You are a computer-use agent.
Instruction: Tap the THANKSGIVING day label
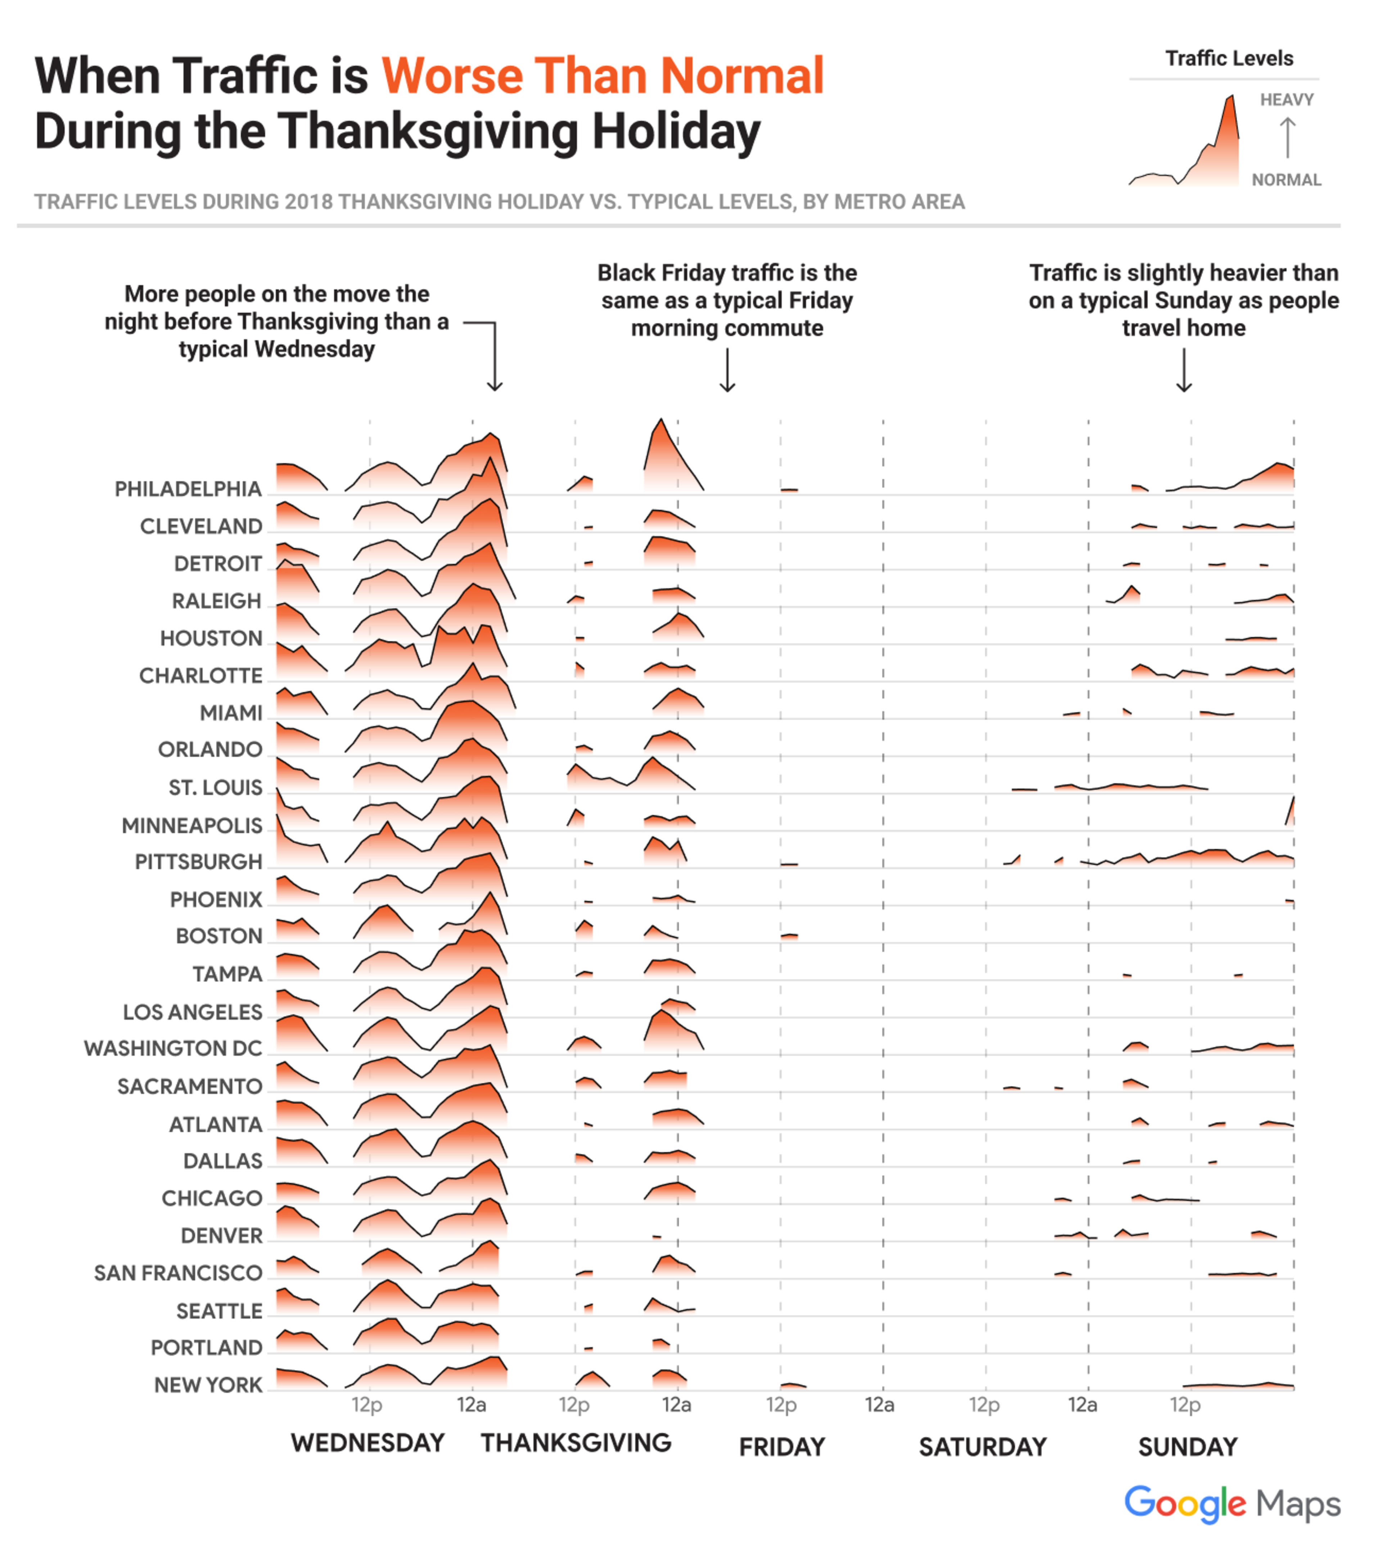576,1443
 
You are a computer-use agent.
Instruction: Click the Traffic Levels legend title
1229,59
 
